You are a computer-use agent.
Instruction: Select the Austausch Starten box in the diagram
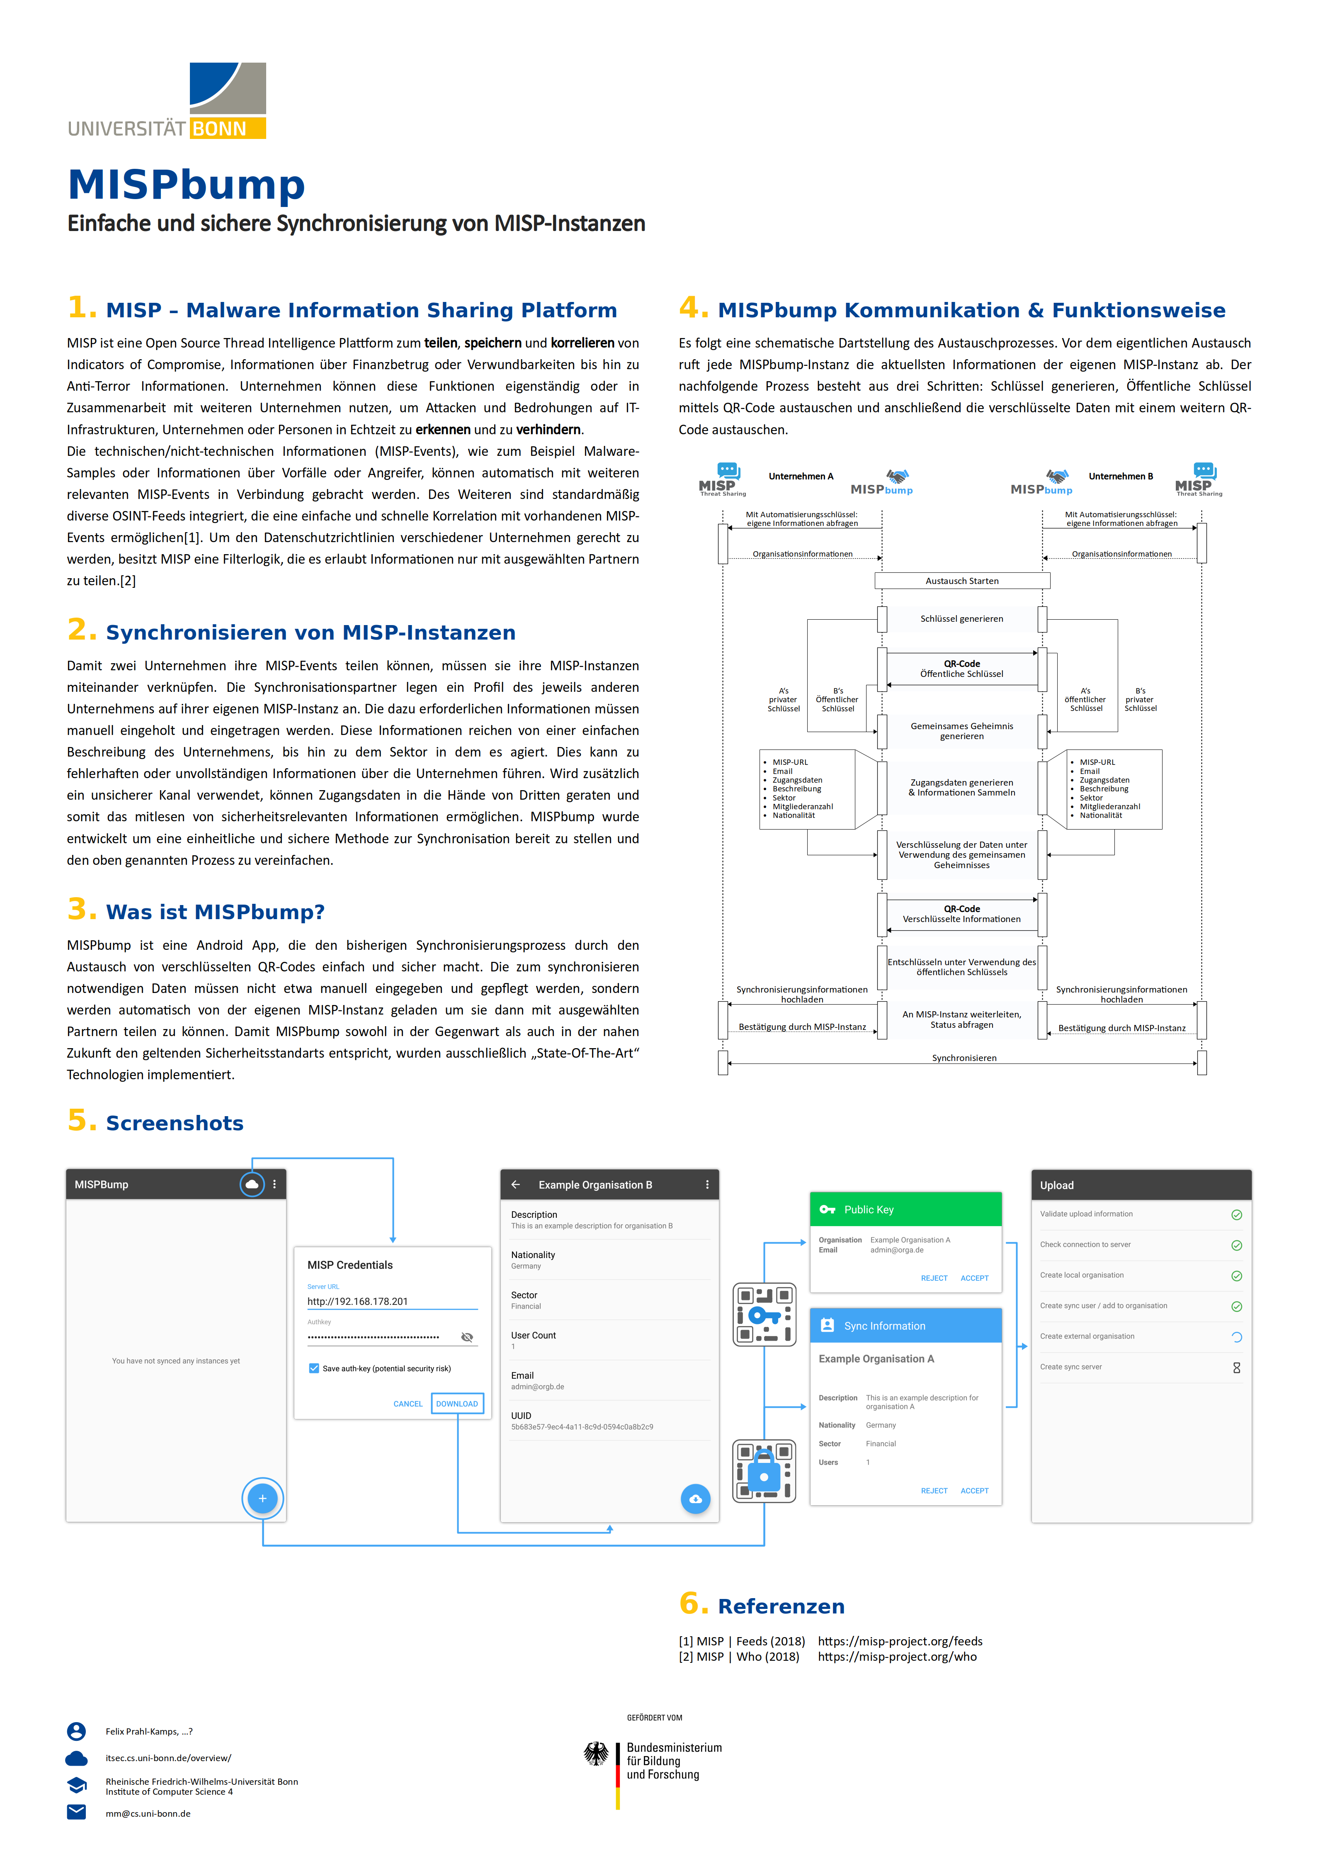tap(963, 580)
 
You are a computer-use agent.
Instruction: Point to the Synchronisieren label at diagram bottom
tap(964, 1058)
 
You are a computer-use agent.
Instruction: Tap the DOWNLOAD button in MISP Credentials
tap(457, 1404)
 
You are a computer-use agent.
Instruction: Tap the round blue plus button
tap(262, 1499)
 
